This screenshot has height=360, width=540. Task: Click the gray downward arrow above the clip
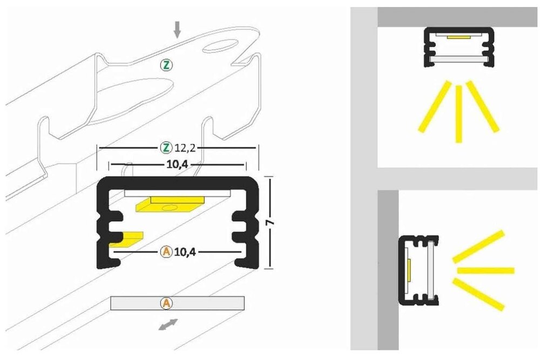(178, 29)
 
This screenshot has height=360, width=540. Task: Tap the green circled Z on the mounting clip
(167, 66)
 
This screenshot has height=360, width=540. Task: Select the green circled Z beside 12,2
(166, 147)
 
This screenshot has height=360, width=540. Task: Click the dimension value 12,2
(185, 147)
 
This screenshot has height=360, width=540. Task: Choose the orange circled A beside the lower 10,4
(166, 251)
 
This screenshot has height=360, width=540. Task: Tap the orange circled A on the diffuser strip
(166, 303)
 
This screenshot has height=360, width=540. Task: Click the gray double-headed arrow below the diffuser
(168, 324)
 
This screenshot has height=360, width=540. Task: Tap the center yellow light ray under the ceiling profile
(458, 113)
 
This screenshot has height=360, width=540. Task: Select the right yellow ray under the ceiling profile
(482, 106)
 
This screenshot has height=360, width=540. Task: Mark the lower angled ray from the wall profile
(478, 295)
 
